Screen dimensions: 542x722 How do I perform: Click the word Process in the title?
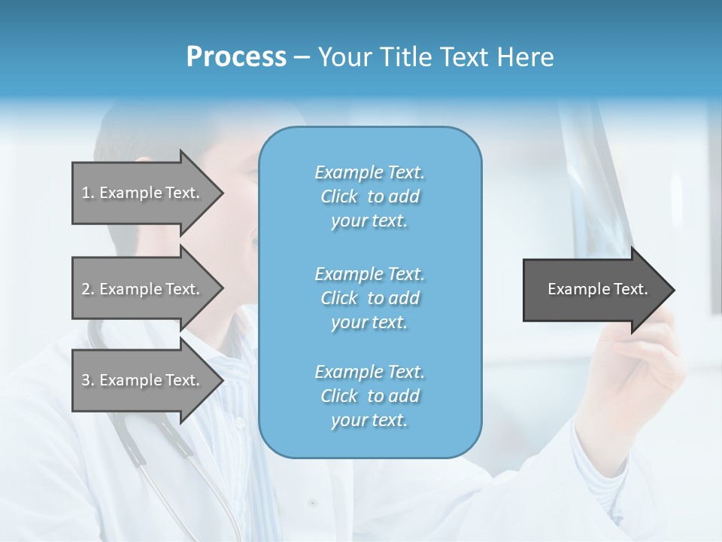pyautogui.click(x=236, y=57)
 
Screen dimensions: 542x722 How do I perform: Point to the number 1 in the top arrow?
pyautogui.click(x=86, y=193)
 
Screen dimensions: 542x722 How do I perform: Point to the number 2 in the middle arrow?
pyautogui.click(x=86, y=289)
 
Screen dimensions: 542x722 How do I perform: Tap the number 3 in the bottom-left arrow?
pyautogui.click(x=86, y=380)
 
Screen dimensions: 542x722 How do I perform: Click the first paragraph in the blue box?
pyautogui.click(x=369, y=196)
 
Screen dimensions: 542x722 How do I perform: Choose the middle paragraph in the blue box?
pyautogui.click(x=369, y=298)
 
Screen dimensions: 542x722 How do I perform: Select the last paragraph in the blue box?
pyautogui.click(x=369, y=396)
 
